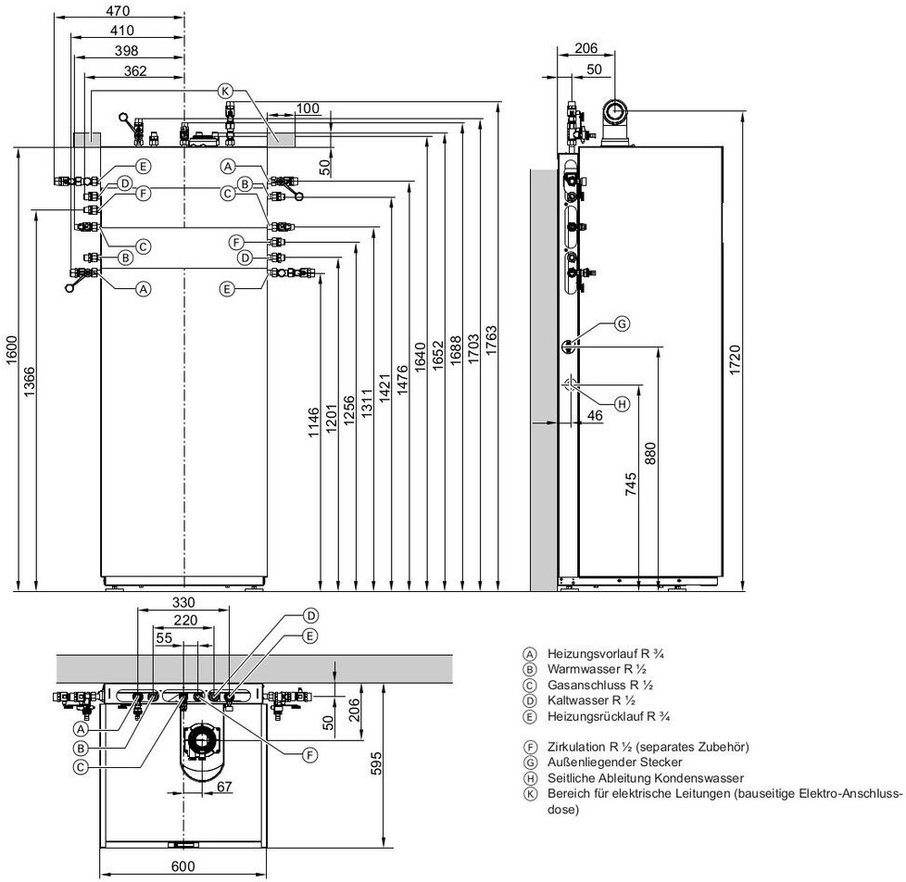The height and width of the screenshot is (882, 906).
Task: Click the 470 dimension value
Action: tap(117, 11)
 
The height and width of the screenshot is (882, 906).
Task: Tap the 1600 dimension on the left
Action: tap(11, 352)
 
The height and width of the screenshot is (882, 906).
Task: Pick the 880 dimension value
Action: tap(650, 453)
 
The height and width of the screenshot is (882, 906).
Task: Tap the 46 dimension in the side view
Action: tap(594, 417)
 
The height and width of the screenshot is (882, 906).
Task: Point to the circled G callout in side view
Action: tap(622, 323)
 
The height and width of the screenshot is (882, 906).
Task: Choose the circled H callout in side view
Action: tap(622, 403)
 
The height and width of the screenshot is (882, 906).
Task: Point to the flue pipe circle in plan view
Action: tap(200, 739)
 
